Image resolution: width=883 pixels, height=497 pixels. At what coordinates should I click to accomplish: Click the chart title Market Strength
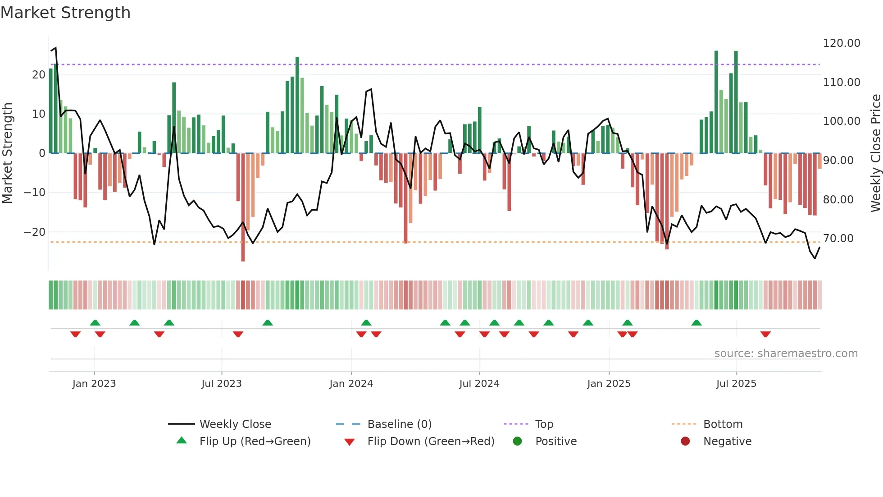(x=65, y=13)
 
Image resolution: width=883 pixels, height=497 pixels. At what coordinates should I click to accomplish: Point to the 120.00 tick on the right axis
(x=841, y=43)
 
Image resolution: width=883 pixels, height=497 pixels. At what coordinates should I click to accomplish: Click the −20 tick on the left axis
(x=34, y=232)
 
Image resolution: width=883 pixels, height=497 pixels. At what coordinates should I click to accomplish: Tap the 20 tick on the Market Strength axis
(x=38, y=75)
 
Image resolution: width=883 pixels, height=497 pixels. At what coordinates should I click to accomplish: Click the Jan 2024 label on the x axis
(x=351, y=384)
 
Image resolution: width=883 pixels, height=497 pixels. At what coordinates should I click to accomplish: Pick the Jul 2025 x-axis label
(x=736, y=384)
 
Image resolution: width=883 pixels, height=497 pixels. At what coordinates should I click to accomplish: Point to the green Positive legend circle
(x=517, y=442)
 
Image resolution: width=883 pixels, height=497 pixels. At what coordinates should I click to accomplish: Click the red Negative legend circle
(x=685, y=442)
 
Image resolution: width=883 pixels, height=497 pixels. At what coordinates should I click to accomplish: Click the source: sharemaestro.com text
(x=786, y=354)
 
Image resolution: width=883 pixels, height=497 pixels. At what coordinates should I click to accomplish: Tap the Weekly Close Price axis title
(x=875, y=153)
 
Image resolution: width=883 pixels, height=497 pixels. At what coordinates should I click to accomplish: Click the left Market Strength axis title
(x=7, y=153)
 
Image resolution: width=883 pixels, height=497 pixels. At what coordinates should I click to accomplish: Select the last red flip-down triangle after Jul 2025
(x=765, y=334)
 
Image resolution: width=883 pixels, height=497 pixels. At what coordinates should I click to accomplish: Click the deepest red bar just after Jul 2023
(x=243, y=207)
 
